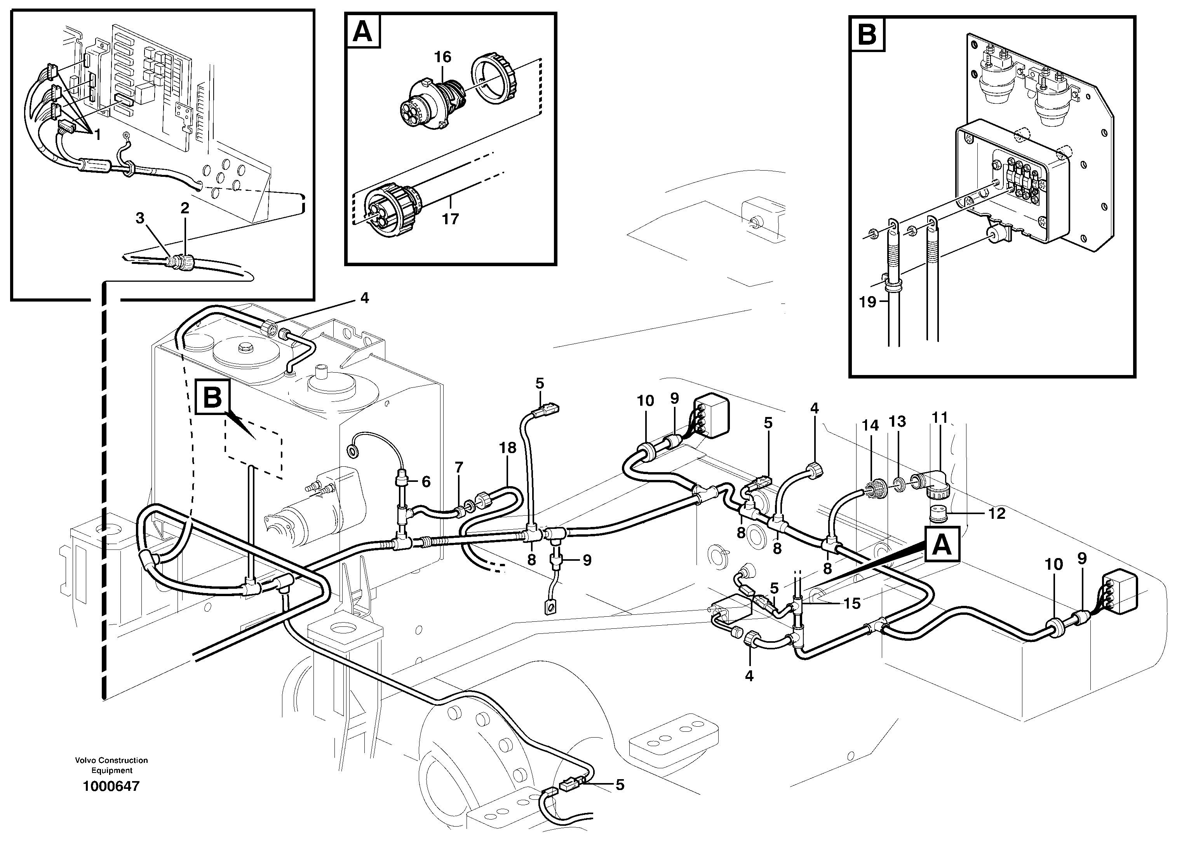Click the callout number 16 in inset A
point(443,57)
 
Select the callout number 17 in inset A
point(450,219)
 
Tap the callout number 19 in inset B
point(867,302)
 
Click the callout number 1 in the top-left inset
point(97,134)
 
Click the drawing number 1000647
point(111,786)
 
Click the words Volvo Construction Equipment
point(111,765)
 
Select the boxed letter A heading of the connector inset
point(362,31)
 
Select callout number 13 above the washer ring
point(897,421)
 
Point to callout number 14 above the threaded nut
point(870,426)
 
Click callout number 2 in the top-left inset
point(185,208)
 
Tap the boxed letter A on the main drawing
point(942,544)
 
